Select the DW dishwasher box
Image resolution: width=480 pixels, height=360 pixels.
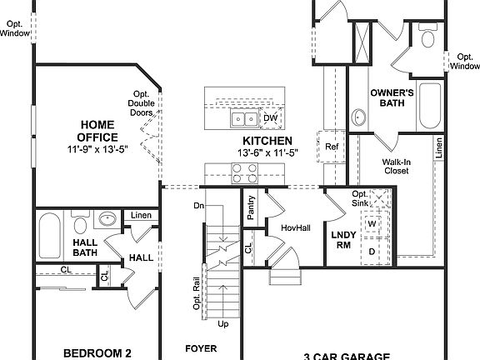coord(270,118)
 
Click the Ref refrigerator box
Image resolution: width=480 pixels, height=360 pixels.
coord(332,147)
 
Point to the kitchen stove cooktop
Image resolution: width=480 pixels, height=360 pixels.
coord(244,172)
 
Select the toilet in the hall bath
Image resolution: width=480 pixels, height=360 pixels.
coord(81,224)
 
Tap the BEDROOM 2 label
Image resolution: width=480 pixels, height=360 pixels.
coord(97,353)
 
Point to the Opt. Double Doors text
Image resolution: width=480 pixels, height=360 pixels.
coord(141,103)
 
